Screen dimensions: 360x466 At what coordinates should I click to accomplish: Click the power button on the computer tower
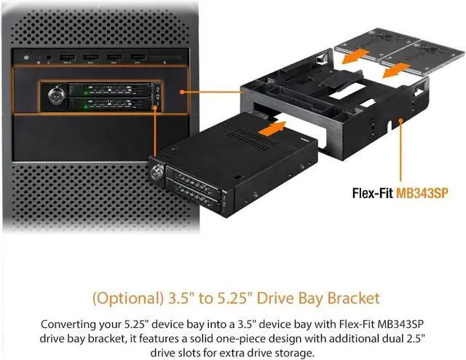click(x=27, y=56)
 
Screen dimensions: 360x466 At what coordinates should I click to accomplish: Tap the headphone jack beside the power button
click(x=48, y=56)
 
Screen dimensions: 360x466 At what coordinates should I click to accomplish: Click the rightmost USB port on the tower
click(x=136, y=56)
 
